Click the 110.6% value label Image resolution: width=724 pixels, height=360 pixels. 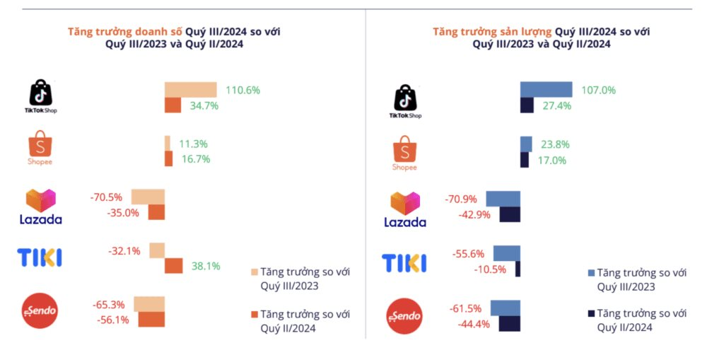pyautogui.click(x=243, y=91)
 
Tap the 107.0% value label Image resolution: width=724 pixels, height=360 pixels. pyautogui.click(x=598, y=91)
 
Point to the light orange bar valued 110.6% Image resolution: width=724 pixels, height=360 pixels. pyautogui.click(x=190, y=90)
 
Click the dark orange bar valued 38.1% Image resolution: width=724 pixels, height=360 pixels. pyautogui.click(x=173, y=266)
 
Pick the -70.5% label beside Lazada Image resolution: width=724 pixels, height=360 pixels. pyautogui.click(x=107, y=197)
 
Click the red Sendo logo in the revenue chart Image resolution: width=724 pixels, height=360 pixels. pyautogui.click(x=40, y=312)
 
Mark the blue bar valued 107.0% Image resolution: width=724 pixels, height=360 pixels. pyautogui.click(x=546, y=90)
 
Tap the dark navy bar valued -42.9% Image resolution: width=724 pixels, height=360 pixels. pyautogui.click(x=510, y=214)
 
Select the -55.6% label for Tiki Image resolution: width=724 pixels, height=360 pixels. pyautogui.click(x=466, y=253)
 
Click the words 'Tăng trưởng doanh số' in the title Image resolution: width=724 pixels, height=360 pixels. pyautogui.click(x=125, y=32)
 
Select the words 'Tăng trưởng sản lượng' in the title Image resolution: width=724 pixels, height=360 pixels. pyautogui.click(x=493, y=32)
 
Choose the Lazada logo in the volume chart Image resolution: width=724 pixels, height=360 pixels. pyautogui.click(x=404, y=209)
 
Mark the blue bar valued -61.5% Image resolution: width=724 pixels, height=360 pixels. pyautogui.click(x=506, y=308)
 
